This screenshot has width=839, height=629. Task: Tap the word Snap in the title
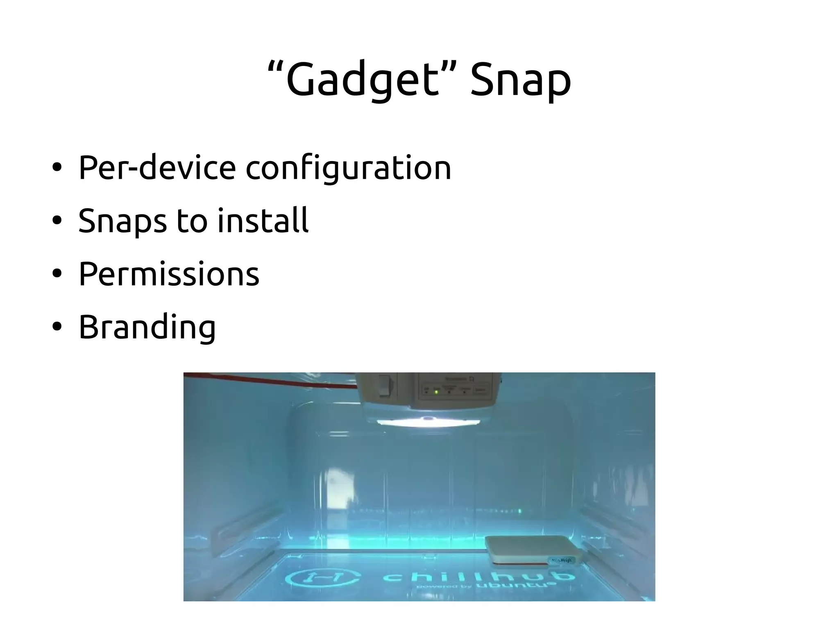click(x=520, y=80)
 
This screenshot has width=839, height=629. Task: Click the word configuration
click(x=348, y=168)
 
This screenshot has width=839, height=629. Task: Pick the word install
click(x=263, y=220)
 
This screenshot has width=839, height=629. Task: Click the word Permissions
click(x=169, y=274)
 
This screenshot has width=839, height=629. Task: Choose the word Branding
click(x=147, y=327)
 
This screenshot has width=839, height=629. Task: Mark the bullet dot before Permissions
click(x=57, y=273)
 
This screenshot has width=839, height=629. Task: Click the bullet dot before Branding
click(x=57, y=327)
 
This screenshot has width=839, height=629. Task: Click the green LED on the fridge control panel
click(x=436, y=392)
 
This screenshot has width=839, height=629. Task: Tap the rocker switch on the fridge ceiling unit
click(x=384, y=386)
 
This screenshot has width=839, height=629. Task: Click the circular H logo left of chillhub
click(x=323, y=578)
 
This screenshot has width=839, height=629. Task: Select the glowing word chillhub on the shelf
click(x=477, y=577)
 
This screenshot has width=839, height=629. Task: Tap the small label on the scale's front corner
click(x=561, y=560)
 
